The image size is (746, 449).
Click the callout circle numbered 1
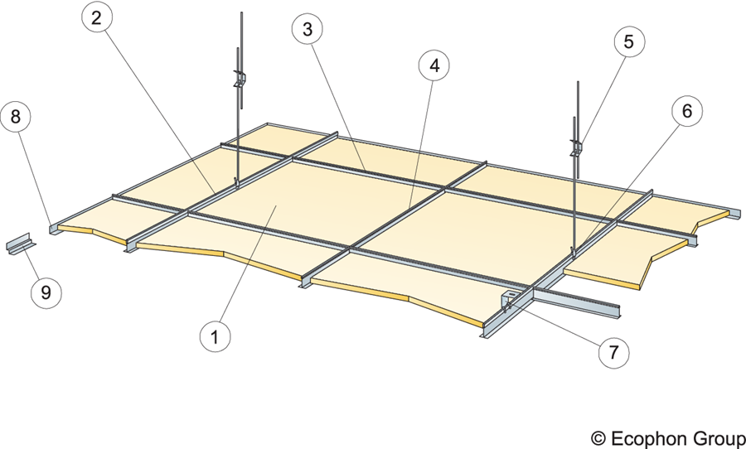point(214,336)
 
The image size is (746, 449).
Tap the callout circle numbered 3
point(308,30)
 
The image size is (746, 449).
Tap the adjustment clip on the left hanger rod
point(240,81)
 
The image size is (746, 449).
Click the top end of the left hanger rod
point(241,14)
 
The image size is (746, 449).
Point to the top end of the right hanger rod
point(577,84)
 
